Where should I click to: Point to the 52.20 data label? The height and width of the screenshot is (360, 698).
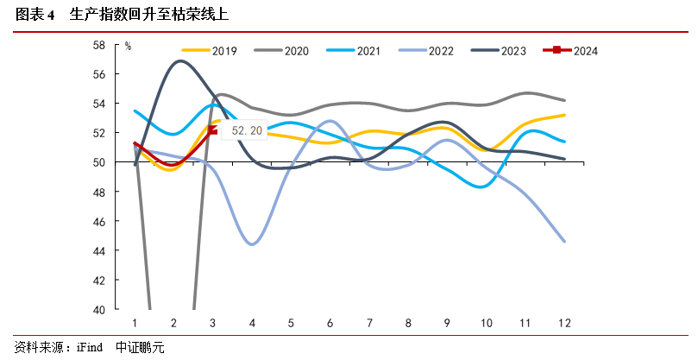coord(247,131)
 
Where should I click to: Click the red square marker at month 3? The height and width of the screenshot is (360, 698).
coord(214,130)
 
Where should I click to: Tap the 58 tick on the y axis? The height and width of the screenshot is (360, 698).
coord(123,45)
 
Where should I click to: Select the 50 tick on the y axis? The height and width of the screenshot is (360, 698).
coord(123,162)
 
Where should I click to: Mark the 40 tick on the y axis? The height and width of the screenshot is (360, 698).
coord(123,310)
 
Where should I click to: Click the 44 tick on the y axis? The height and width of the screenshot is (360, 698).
coord(123,251)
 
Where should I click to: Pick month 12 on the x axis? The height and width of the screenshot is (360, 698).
coord(564,323)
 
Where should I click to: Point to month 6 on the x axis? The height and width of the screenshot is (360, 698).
coord(330,323)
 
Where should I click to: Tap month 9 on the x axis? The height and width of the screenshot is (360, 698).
coord(447,323)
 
